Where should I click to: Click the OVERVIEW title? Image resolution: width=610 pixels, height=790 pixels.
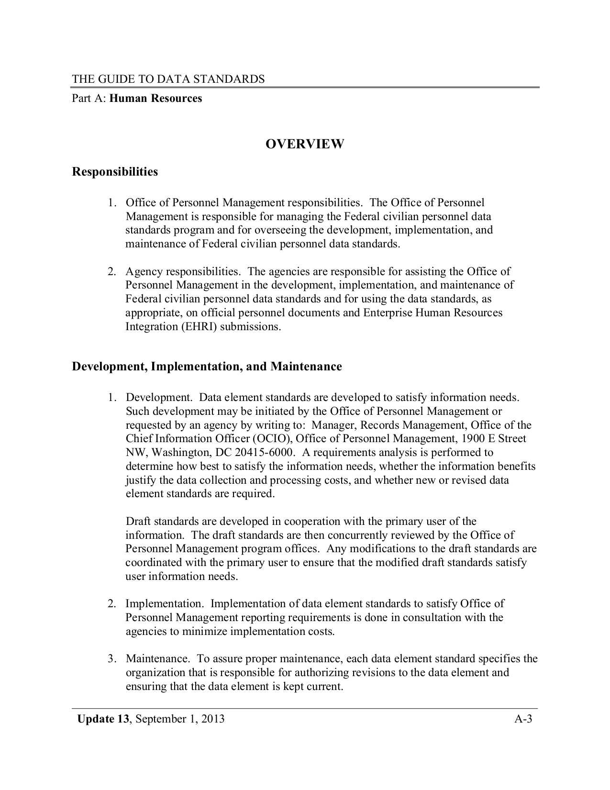(x=305, y=144)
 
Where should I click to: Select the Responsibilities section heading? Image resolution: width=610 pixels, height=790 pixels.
(x=115, y=171)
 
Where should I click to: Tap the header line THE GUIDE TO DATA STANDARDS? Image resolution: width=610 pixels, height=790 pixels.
(x=168, y=79)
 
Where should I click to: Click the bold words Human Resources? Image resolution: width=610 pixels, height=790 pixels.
(x=156, y=99)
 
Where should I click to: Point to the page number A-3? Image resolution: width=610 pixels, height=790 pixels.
(x=523, y=719)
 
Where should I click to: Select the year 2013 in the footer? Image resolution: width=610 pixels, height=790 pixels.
(x=212, y=719)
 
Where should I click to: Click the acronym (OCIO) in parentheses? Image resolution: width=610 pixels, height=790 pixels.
(x=272, y=439)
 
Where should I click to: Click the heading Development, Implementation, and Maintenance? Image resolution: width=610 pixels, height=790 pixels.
(x=207, y=367)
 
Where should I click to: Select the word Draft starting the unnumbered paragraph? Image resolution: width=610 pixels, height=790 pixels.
(x=138, y=521)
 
